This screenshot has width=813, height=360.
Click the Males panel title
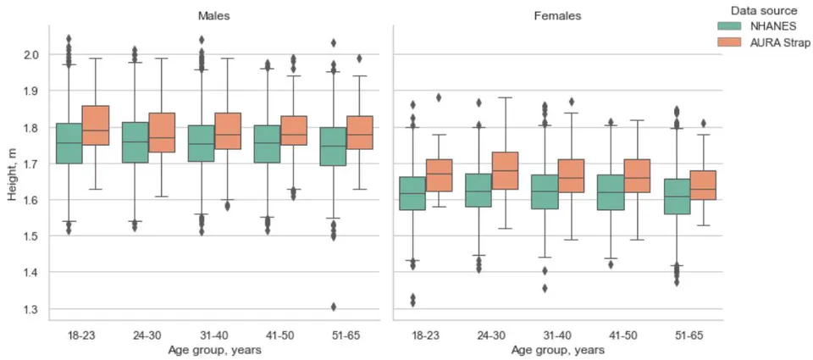pyautogui.click(x=214, y=15)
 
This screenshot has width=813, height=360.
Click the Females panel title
pyautogui.click(x=557, y=15)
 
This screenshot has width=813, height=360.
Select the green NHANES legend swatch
pyautogui.click(x=729, y=26)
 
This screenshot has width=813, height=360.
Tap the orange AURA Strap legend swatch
pyautogui.click(x=729, y=42)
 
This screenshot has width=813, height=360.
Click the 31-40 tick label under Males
pyautogui.click(x=214, y=335)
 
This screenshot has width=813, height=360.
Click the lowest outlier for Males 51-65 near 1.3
pyautogui.click(x=334, y=307)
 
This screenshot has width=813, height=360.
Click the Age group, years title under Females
pyautogui.click(x=557, y=350)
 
